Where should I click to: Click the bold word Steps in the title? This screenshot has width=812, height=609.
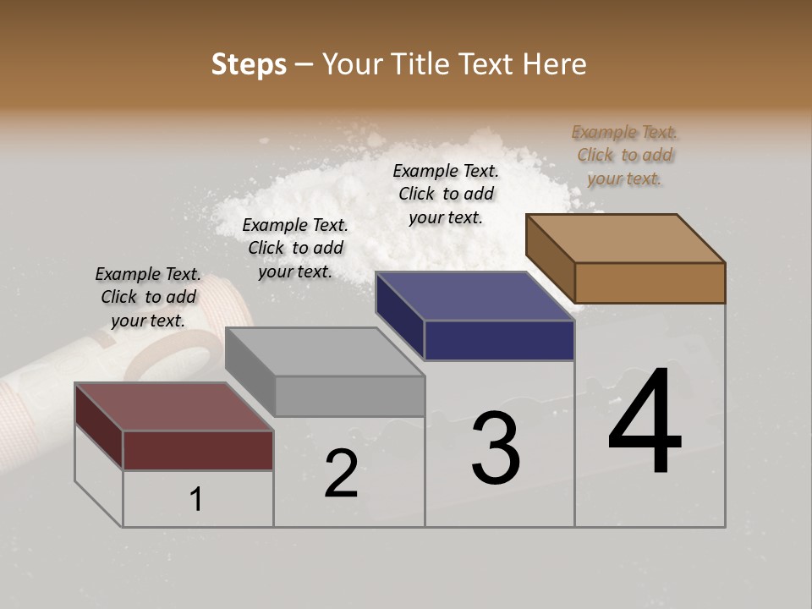[249, 64]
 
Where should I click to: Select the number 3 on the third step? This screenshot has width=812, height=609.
[496, 447]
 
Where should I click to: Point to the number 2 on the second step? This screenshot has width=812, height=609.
[341, 474]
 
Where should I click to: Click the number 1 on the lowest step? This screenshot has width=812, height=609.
[196, 500]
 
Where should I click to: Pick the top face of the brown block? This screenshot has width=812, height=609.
[624, 238]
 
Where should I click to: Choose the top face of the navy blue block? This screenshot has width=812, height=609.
[474, 296]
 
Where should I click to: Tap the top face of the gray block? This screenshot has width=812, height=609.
[324, 351]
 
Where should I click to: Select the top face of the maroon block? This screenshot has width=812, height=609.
[173, 406]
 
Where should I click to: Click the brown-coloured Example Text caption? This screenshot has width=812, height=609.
[625, 155]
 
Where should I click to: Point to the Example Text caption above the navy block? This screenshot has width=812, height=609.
[446, 194]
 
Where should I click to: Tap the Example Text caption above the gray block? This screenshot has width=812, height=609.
[295, 248]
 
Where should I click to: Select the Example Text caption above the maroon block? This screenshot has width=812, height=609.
[148, 297]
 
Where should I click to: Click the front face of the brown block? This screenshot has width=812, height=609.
[650, 283]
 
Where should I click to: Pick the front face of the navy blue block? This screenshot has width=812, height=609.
[499, 341]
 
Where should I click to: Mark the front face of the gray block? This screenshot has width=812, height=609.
[349, 396]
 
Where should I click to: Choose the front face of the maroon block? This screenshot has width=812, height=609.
[198, 450]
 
